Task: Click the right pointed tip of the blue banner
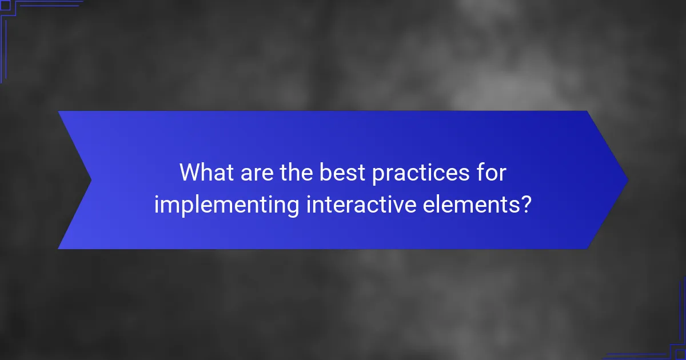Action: [628, 180]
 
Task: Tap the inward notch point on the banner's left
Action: [91, 180]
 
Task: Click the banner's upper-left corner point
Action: [58, 111]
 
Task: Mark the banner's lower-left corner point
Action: [58, 249]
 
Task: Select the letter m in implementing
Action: [167, 205]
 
